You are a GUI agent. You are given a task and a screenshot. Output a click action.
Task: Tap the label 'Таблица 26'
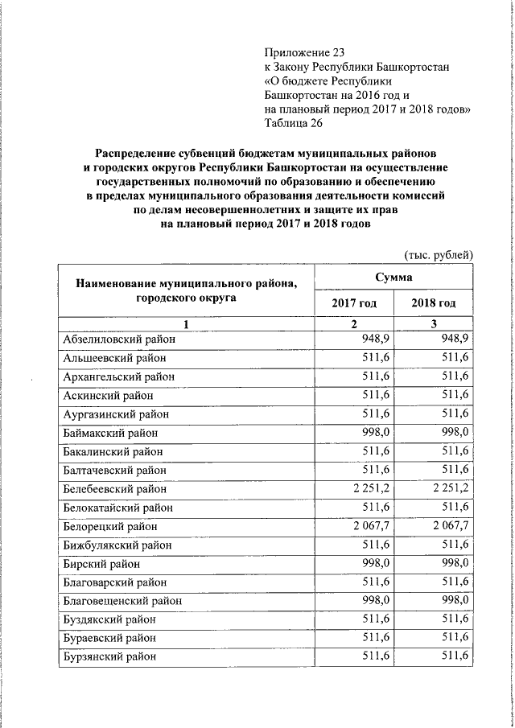pyautogui.click(x=294, y=123)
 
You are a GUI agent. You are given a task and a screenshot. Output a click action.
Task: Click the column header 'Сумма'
pyautogui.click(x=393, y=277)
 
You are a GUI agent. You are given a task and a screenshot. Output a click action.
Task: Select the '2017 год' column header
pyautogui.click(x=353, y=303)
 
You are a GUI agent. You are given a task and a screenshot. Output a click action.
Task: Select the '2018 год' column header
pyautogui.click(x=433, y=303)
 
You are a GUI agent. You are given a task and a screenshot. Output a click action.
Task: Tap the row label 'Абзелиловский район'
pyautogui.click(x=118, y=339)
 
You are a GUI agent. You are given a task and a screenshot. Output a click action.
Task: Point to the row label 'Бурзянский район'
pyautogui.click(x=112, y=656)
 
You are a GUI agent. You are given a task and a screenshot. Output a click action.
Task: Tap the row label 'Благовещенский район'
pyautogui.click(x=122, y=601)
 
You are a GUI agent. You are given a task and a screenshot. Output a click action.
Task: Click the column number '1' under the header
pyautogui.click(x=185, y=323)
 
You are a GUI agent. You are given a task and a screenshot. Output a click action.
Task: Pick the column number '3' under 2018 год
pyautogui.click(x=433, y=323)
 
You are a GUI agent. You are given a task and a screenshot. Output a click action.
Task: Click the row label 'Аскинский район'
pyautogui.click(x=108, y=396)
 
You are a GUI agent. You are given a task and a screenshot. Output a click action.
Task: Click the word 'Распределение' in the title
pyautogui.click(x=142, y=152)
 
